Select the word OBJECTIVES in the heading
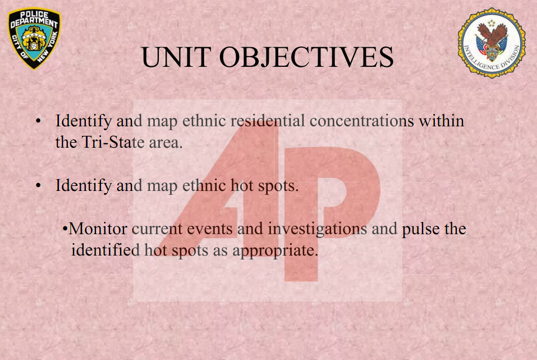(306, 57)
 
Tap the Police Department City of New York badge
(34, 38)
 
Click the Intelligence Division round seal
(492, 43)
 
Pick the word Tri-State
(113, 142)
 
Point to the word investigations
(318, 229)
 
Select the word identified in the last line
(105, 250)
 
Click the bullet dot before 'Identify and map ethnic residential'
(38, 121)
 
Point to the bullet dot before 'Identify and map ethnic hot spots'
(38, 185)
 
